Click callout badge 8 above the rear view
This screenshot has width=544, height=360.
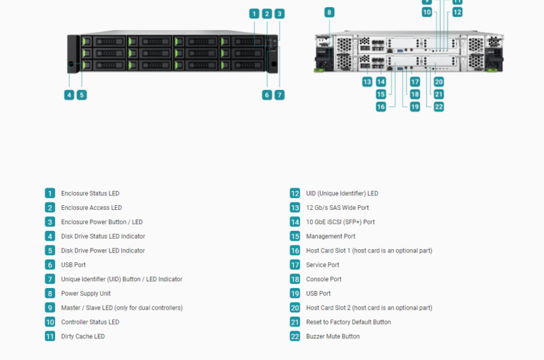click(x=329, y=13)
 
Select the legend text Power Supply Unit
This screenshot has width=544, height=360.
click(x=86, y=293)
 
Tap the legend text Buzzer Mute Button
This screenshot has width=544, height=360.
click(x=333, y=336)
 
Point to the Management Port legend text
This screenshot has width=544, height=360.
click(x=331, y=237)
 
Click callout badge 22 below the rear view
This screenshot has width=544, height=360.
click(x=439, y=107)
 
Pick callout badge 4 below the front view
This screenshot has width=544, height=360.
click(x=69, y=95)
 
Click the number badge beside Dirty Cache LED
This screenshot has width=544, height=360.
click(x=50, y=336)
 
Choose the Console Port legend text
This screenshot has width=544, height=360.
click(x=324, y=279)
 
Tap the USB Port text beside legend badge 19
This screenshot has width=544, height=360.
click(x=318, y=293)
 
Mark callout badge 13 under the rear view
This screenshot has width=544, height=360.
click(x=367, y=82)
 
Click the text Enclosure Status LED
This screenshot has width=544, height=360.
click(x=90, y=193)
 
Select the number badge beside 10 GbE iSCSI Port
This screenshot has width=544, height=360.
click(x=295, y=222)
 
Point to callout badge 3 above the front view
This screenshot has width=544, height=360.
click(x=280, y=14)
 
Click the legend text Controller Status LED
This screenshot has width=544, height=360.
click(x=90, y=322)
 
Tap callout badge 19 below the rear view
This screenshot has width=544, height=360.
click(x=414, y=107)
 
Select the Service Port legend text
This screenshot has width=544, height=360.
click(x=322, y=265)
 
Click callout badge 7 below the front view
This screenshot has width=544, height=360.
click(x=280, y=95)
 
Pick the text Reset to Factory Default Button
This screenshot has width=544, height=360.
click(x=348, y=322)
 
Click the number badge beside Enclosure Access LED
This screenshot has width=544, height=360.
click(x=50, y=208)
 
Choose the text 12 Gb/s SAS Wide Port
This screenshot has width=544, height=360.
click(x=338, y=208)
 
